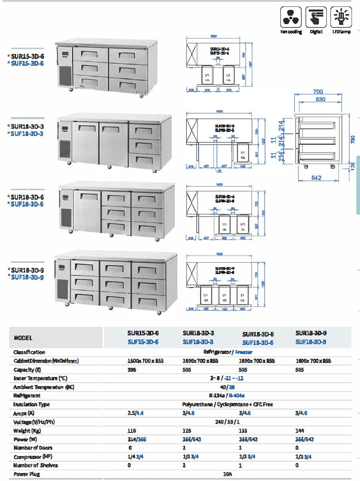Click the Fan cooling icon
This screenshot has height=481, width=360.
[291, 17]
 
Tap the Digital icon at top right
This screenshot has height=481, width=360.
[316, 17]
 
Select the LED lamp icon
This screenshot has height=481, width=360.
[341, 17]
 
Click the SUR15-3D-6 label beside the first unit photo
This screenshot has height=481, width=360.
[27, 57]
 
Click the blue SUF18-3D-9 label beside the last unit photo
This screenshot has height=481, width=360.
[27, 277]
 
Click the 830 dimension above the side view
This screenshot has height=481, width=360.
[320, 100]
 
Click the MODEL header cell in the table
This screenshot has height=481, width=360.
[23, 338]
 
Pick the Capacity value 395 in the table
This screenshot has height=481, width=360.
[132, 370]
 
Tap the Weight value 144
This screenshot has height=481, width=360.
[299, 430]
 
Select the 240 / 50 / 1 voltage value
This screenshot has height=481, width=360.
[227, 422]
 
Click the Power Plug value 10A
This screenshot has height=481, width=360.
[227, 474]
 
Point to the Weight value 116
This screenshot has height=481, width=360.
[132, 430]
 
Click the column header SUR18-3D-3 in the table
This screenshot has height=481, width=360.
[198, 333]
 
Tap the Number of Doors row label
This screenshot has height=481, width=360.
[33, 448]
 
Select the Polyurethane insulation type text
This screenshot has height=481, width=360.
[199, 404]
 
